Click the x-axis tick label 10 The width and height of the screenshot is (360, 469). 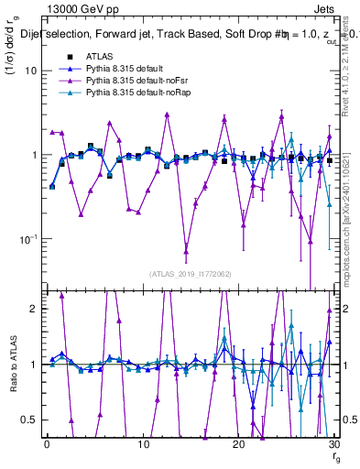point(143,444)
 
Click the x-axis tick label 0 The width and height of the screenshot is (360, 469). point(47,444)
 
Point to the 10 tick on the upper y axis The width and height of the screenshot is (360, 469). point(33,71)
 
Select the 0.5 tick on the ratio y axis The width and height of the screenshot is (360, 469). point(31,420)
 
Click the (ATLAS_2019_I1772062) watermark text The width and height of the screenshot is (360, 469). point(191,273)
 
